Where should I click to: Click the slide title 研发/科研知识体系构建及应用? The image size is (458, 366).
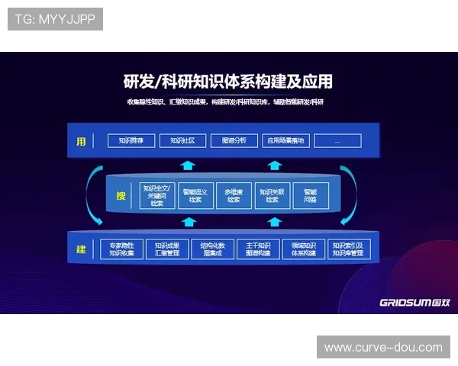point(227,81)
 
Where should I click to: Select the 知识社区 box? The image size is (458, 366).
point(182,140)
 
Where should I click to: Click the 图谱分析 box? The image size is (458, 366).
point(234,140)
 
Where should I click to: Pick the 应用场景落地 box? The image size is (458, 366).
point(285,140)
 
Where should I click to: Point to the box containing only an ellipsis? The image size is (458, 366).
point(337,140)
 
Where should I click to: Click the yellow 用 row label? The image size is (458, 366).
point(80,140)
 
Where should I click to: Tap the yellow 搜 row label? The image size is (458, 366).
point(121,195)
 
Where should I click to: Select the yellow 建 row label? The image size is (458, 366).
point(80,249)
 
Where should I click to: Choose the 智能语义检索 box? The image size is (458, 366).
point(195,195)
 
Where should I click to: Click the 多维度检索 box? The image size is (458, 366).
point(234,195)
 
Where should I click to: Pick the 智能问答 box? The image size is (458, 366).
point(310,195)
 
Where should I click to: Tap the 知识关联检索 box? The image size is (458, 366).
point(272,195)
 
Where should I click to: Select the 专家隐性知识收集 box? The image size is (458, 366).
point(121,249)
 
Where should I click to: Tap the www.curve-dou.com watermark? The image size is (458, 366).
point(383,347)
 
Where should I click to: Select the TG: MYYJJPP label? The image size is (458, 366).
point(55,18)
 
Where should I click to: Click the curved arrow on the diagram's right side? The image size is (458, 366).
point(360,194)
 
